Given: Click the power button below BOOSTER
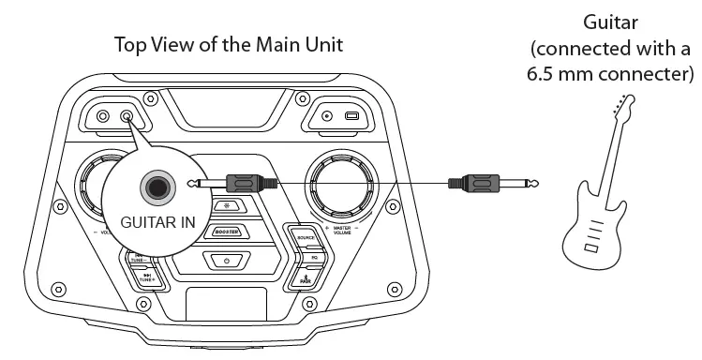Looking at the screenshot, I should (226, 259).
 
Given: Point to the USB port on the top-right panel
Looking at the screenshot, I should (351, 117).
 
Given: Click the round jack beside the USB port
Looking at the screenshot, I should (326, 117).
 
